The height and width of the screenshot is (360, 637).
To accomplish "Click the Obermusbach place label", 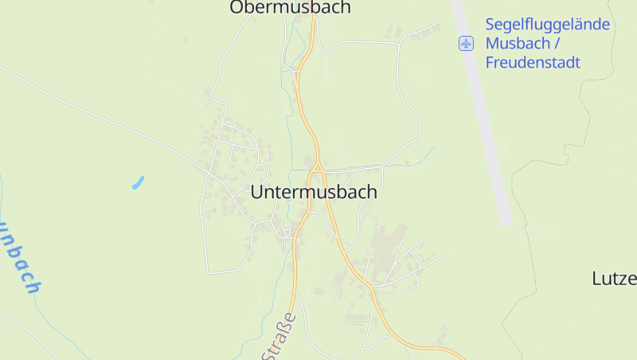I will pyautogui.click(x=290, y=8).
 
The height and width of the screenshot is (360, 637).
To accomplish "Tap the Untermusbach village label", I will pyautogui.click(x=314, y=192).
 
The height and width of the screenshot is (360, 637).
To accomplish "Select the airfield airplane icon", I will pyautogui.click(x=466, y=43).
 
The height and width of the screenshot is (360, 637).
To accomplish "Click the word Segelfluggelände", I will pyautogui.click(x=547, y=25).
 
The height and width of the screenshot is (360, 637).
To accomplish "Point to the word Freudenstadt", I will pyautogui.click(x=533, y=62).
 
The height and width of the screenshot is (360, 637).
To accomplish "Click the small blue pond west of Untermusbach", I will pyautogui.click(x=138, y=182).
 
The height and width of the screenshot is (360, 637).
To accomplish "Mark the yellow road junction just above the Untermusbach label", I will pyautogui.click(x=317, y=167).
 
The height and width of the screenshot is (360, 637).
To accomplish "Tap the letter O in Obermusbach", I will pyautogui.click(x=236, y=8).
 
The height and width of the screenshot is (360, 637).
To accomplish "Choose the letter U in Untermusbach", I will pyautogui.click(x=256, y=192).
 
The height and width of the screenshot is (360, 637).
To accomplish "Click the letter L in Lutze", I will pyautogui.click(x=597, y=279).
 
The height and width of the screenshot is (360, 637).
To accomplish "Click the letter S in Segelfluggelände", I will pyautogui.click(x=490, y=25).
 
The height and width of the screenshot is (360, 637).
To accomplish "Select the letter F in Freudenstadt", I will pyautogui.click(x=490, y=62).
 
